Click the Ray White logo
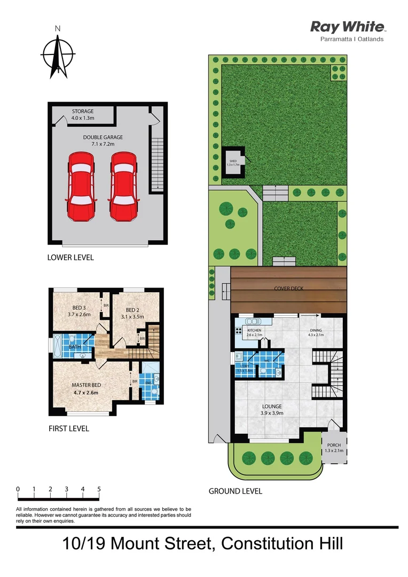coord(348,27)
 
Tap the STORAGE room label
coord(83,111)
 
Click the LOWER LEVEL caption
coord(70,258)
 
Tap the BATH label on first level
coord(75,347)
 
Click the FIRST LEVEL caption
coord(68,428)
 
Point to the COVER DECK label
coord(289,288)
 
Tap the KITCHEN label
coord(254,331)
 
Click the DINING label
coord(316,331)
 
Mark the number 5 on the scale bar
coord(99,489)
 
